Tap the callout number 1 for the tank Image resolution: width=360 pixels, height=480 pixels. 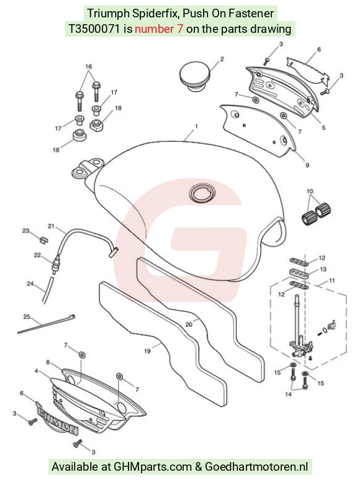click(196, 126)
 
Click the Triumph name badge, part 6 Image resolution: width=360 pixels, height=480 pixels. click(57, 417)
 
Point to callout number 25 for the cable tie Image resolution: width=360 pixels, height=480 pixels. click(27, 316)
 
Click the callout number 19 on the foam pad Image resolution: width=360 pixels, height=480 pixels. click(147, 351)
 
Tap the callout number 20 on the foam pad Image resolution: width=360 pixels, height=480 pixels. click(189, 324)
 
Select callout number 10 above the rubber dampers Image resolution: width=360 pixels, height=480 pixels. click(310, 192)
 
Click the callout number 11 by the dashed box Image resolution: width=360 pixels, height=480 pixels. click(332, 280)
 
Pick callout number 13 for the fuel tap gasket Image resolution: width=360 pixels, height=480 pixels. click(323, 269)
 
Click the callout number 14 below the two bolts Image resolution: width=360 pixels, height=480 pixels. click(288, 394)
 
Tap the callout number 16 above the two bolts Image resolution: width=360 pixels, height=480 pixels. click(89, 66)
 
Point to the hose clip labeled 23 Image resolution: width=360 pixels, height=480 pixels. click(44, 239)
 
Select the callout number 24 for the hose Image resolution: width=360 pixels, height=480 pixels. click(30, 284)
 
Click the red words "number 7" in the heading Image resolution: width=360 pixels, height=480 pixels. click(159, 29)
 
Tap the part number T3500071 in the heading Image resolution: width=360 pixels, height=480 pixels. click(94, 29)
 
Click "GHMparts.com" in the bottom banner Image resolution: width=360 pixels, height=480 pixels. click(153, 467)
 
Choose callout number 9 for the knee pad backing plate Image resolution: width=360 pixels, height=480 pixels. click(307, 166)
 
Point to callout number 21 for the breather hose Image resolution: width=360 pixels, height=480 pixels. click(51, 226)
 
